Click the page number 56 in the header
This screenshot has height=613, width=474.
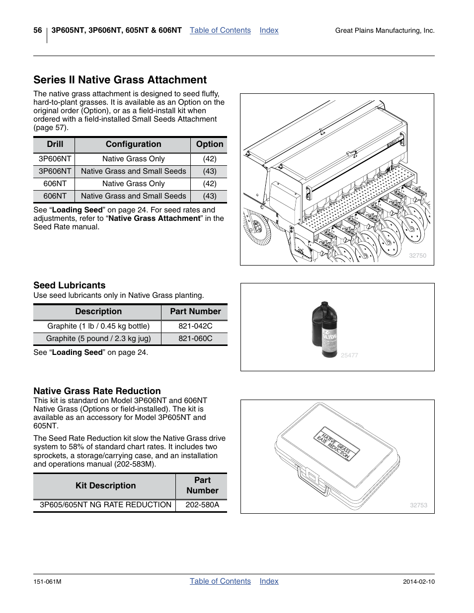pos(38,30)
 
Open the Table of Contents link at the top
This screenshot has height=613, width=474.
pos(220,30)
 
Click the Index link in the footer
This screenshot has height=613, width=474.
pos(269,581)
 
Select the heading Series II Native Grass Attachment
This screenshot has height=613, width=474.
pos(120,80)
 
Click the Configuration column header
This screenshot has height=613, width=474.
pos(133,144)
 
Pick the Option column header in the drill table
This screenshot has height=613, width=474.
pos(210,144)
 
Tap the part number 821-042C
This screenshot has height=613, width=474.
pos(195,326)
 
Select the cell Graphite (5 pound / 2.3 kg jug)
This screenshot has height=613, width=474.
pos(98,339)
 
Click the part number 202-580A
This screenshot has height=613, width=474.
pos(202,505)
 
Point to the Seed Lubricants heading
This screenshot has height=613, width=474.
pos(70,285)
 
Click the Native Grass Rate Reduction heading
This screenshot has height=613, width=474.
pos(97,391)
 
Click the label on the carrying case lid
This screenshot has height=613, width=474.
pos(336,443)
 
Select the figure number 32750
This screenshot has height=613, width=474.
pos(417,256)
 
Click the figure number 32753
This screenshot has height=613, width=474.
pos(418,505)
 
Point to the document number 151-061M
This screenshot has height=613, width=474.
pos(47,582)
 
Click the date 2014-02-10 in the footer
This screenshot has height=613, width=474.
pos(418,582)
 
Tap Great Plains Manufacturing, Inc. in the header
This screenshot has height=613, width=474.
pos(385,31)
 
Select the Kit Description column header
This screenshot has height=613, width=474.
pos(105,486)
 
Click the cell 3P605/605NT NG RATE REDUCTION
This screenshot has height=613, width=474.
pos(105,505)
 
